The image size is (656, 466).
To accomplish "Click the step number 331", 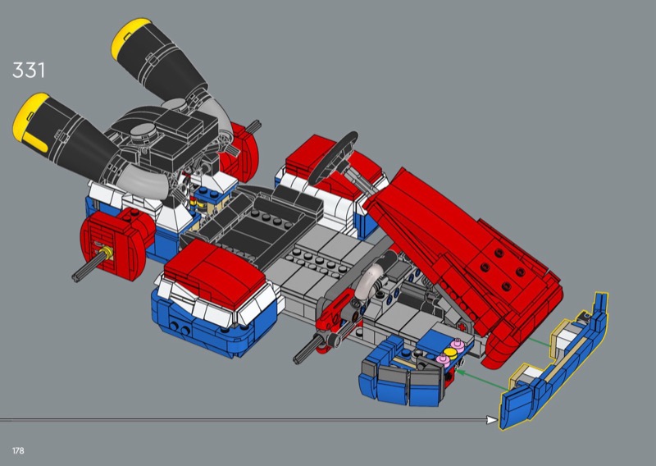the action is pos(29,70).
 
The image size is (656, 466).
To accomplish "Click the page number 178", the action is pos(18,450).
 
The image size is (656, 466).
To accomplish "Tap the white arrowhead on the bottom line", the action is pos(492,419).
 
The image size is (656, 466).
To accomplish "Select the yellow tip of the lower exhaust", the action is pos(32,121).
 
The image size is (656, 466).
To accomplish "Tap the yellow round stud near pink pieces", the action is pos(449,352).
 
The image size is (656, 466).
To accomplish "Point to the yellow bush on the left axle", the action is pos(107,253).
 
